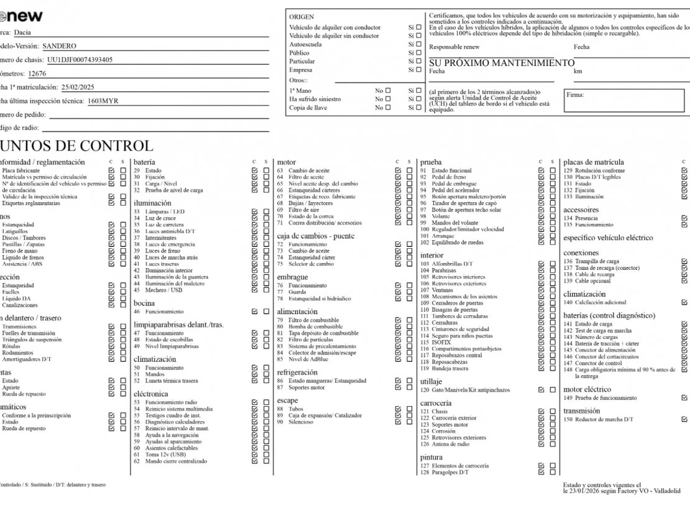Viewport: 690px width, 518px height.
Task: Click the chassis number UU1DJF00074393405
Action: click(80, 60)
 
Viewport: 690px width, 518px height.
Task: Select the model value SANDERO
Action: click(59, 46)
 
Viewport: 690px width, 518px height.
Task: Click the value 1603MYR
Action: click(103, 101)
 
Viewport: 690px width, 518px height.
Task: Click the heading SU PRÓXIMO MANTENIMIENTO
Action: click(502, 63)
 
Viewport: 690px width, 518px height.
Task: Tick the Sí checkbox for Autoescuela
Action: click(418, 44)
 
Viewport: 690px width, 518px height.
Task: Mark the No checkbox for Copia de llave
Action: click(389, 108)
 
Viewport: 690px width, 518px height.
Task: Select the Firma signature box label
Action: click(575, 95)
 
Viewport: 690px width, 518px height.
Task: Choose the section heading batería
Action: click(144, 162)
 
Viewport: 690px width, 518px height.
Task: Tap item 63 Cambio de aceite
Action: click(308, 170)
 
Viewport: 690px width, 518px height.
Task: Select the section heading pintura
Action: click(431, 457)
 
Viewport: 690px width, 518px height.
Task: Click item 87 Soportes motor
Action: click(306, 387)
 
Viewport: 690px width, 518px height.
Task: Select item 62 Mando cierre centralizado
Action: click(176, 461)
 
